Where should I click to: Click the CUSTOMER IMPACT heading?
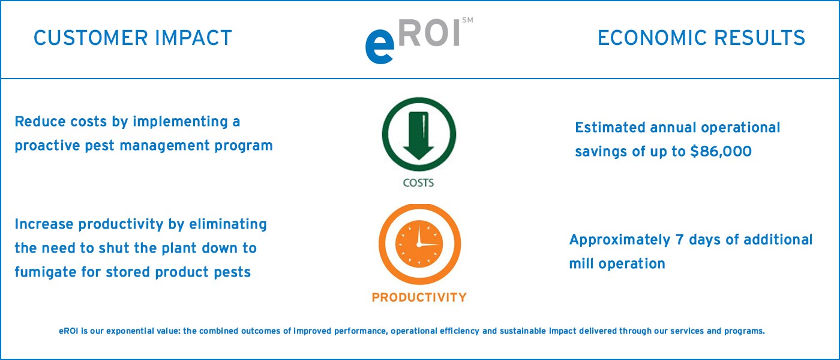133,38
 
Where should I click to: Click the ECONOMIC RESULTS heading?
701,38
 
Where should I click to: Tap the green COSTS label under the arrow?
418,183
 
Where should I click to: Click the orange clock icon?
419,245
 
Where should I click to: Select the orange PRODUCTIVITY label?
419,297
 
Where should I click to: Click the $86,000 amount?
721,152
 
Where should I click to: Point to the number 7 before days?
680,240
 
